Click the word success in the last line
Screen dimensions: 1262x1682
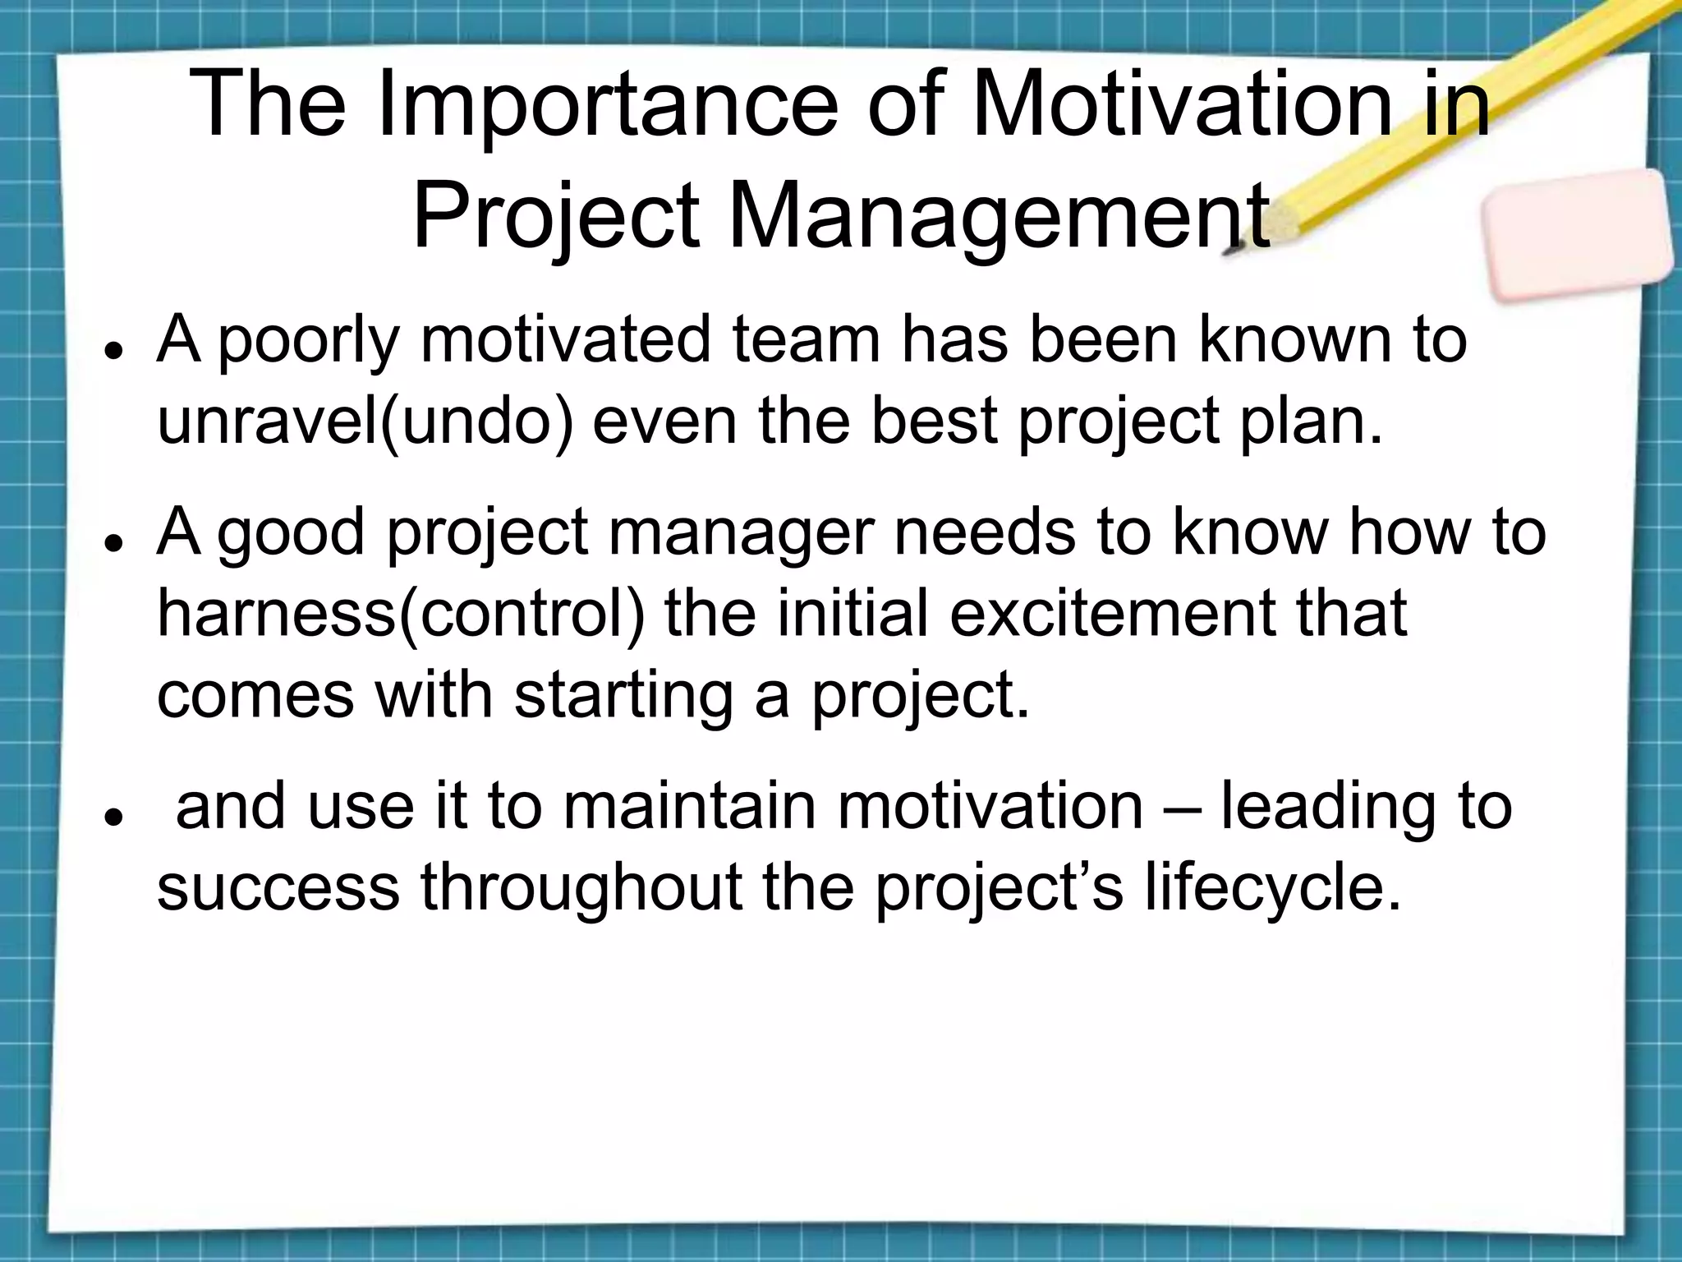click(278, 889)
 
